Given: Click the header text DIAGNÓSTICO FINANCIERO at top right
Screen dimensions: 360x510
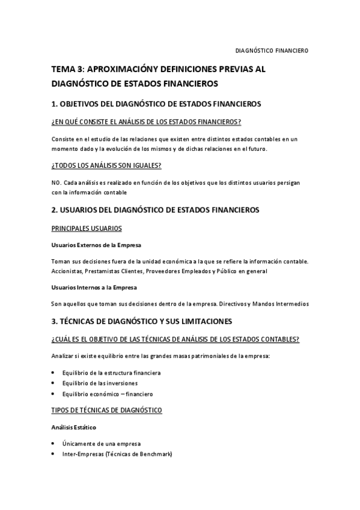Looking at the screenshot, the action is click(x=271, y=51).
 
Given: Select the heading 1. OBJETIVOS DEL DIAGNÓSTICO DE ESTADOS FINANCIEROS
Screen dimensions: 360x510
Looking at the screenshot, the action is click(x=156, y=104).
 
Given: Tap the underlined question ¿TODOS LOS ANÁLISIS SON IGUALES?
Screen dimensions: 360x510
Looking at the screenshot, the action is click(x=106, y=165).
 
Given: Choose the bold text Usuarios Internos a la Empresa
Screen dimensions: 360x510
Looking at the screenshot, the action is click(x=94, y=287).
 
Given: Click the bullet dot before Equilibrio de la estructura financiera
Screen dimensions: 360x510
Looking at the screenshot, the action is click(x=53, y=373).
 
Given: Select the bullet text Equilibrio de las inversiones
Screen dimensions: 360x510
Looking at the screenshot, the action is click(x=100, y=383).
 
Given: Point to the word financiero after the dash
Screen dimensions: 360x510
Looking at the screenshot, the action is click(x=139, y=394).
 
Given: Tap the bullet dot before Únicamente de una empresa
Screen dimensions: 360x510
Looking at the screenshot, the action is click(x=53, y=444).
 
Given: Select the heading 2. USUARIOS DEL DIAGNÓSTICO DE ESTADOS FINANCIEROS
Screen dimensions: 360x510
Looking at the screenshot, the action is click(x=155, y=210).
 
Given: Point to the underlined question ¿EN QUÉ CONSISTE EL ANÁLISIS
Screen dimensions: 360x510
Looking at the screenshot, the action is click(x=147, y=122).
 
